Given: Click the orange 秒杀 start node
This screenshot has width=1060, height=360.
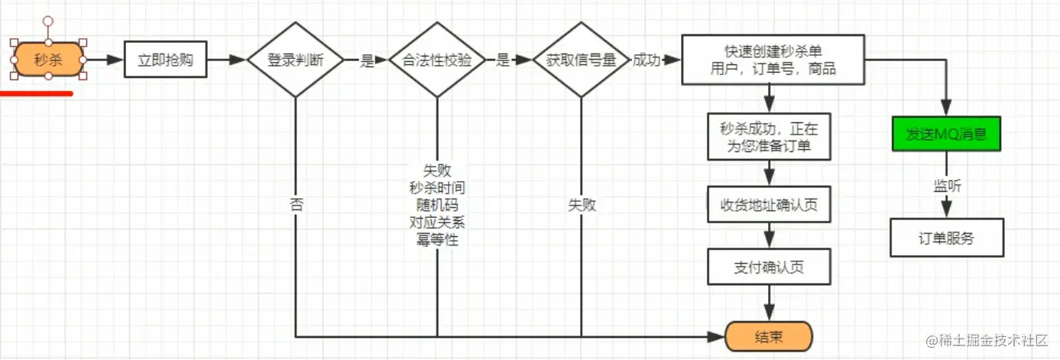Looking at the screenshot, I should [48, 59].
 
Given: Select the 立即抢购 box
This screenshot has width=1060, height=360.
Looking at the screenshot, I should [166, 60].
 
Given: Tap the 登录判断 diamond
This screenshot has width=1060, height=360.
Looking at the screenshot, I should [295, 60].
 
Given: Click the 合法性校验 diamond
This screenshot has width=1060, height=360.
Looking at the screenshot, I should [436, 60].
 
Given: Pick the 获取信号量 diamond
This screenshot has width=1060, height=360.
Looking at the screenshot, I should [581, 60].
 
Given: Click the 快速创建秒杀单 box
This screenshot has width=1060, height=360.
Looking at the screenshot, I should [773, 60].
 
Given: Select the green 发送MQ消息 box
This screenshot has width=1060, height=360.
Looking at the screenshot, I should [946, 134].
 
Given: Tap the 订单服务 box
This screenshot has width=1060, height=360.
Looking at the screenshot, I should [946, 238].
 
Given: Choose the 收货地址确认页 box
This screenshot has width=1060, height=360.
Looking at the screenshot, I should [770, 205].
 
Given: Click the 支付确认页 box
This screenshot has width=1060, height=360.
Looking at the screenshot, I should [770, 268].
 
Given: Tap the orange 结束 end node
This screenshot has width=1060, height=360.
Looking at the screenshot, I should [768, 336].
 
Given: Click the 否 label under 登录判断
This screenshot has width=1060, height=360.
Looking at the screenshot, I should [295, 205].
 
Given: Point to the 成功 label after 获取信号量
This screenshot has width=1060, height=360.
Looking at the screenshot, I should [646, 60].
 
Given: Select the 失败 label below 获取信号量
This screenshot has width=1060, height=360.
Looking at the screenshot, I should [581, 205].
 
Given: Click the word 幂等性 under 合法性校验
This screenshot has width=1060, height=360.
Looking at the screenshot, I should [437, 240].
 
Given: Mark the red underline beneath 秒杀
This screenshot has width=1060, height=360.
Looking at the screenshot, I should [37, 94].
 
